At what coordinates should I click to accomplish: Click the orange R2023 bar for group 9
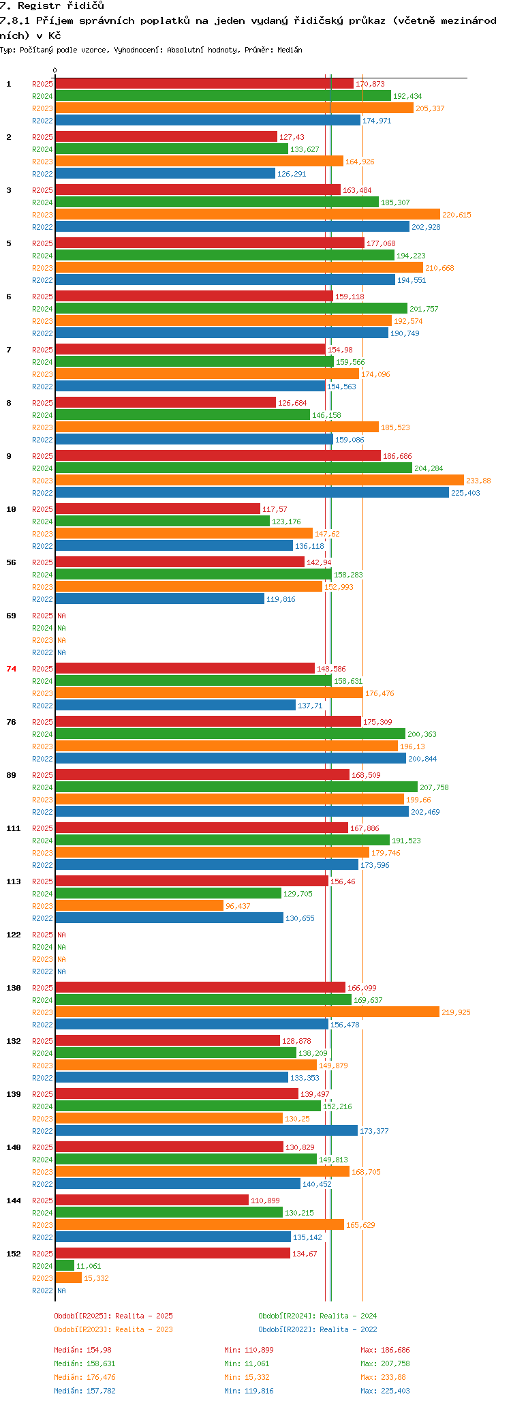[x=259, y=481]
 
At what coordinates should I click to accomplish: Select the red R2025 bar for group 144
[x=151, y=1201]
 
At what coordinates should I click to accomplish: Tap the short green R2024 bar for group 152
[x=64, y=1266]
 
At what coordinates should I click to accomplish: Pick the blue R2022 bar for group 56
[x=159, y=599]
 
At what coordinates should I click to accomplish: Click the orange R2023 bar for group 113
[x=139, y=906]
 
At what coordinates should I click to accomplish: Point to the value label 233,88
[x=478, y=481]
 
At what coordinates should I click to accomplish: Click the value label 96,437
[x=238, y=906]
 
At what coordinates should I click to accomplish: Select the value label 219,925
[x=456, y=1012]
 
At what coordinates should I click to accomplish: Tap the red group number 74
[x=11, y=669]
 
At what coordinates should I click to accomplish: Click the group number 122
[x=13, y=935]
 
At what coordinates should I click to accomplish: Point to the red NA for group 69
[x=61, y=616]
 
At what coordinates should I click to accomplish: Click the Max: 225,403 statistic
[x=385, y=1391]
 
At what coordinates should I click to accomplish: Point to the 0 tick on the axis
[x=55, y=70]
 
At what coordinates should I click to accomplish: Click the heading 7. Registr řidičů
[x=52, y=5]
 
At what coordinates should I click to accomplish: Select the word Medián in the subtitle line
[x=290, y=50]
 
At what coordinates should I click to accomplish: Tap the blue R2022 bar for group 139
[x=206, y=1131]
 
